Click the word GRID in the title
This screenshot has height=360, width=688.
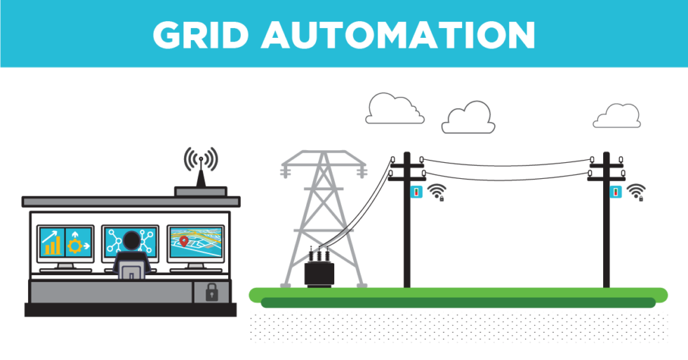pos(199,34)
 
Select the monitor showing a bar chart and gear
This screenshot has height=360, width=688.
pos(65,243)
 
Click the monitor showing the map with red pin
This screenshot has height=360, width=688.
pos(195,243)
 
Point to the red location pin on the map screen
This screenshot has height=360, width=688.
pos(184,241)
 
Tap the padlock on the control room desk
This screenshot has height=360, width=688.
pos(211,292)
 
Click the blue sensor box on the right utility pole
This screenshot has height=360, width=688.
pos(616,191)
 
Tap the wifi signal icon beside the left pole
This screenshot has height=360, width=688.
pos(437,192)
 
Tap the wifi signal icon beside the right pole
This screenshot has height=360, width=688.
pos(636,192)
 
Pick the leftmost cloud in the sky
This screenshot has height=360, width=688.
pos(395,109)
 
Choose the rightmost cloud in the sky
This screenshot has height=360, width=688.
pos(616,116)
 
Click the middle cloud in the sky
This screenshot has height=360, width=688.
pos(469,118)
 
